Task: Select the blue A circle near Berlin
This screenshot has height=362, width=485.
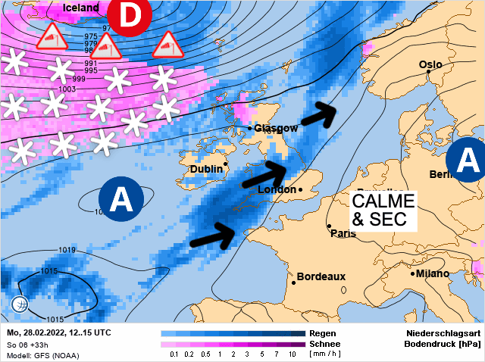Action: click(465, 161)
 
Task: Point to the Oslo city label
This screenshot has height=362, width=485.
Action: click(430, 65)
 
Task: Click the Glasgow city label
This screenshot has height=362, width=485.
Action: click(276, 128)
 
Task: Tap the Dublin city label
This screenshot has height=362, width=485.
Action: click(206, 169)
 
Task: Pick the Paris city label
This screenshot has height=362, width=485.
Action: click(343, 233)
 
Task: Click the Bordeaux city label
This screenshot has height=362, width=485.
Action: click(321, 276)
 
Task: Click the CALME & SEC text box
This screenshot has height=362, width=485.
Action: click(383, 211)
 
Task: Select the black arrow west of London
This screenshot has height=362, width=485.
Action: click(262, 174)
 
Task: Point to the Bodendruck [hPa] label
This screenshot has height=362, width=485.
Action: click(443, 344)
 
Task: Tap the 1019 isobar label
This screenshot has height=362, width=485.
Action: click(67, 249)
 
